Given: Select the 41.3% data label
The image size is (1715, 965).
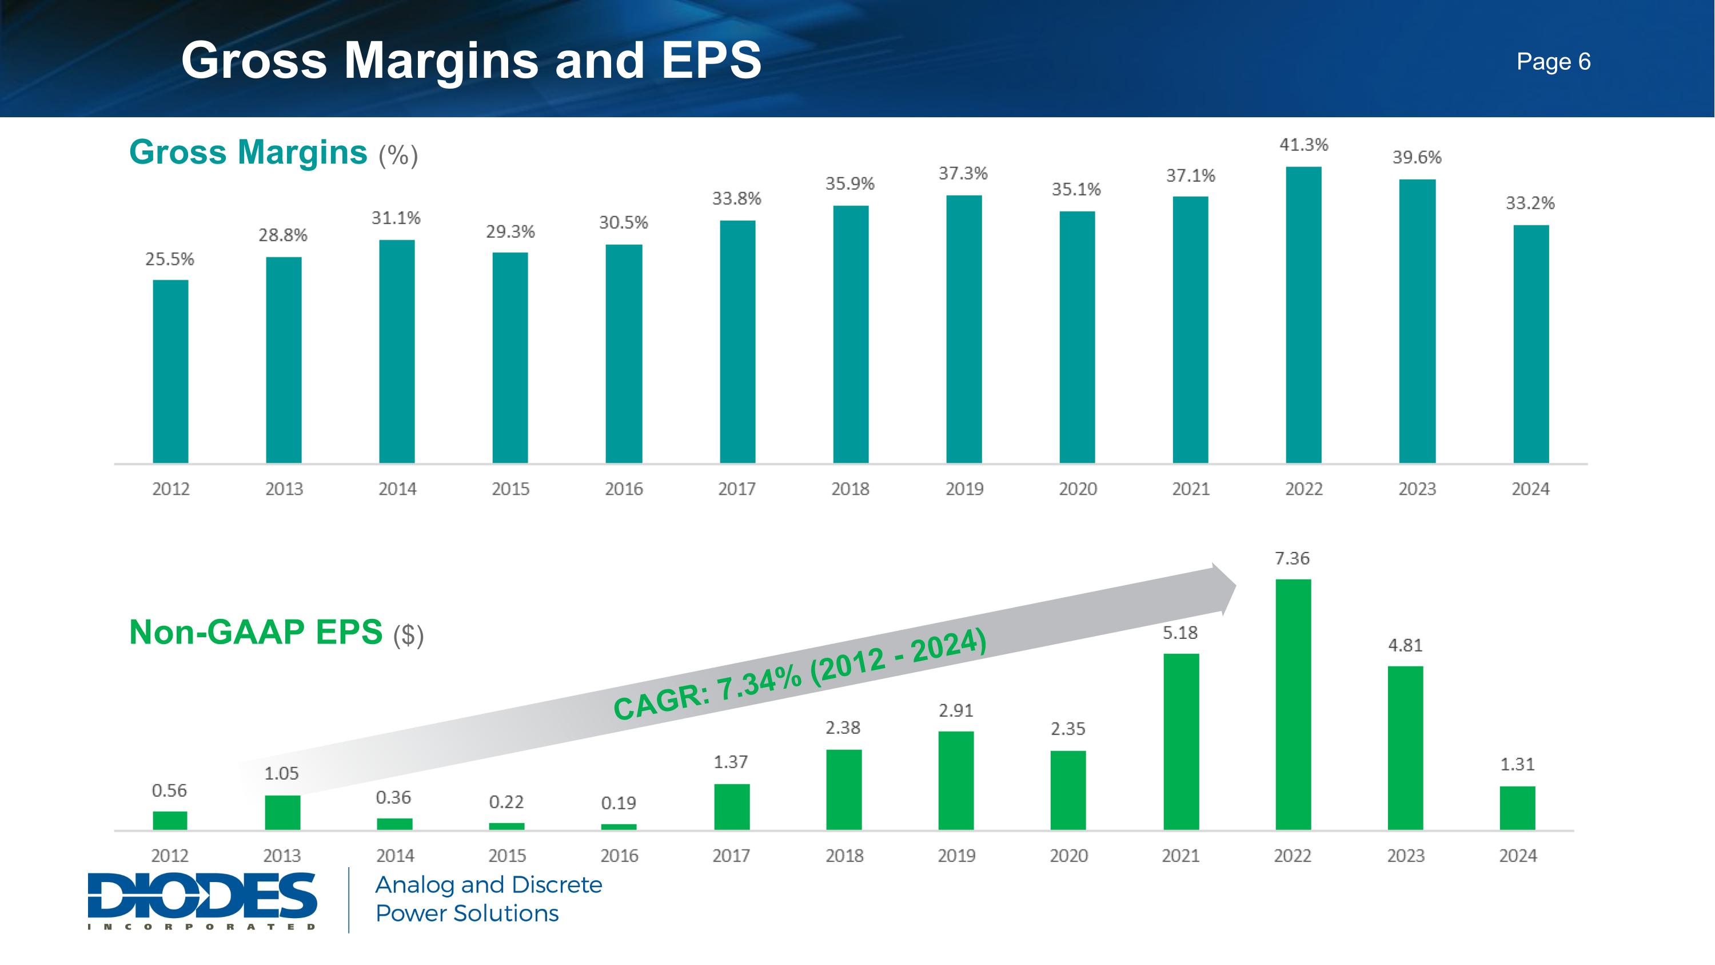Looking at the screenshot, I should point(1303,145).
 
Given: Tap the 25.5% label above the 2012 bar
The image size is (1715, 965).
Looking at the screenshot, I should point(170,259).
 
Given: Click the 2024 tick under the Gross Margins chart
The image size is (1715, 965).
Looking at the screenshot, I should point(1530,489).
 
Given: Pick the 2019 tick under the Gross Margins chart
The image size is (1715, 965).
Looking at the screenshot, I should point(964,489).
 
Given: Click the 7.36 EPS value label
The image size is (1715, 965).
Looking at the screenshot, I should point(1291,558).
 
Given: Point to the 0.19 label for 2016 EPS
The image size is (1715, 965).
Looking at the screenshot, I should point(619,803).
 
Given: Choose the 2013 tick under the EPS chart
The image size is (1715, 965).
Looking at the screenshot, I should point(282,856).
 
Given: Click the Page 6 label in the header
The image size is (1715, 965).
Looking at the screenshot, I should point(1553,61).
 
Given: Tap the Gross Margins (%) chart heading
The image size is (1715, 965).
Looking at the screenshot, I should point(273,153).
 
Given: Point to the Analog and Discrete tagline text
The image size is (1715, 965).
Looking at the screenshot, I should point(489,885).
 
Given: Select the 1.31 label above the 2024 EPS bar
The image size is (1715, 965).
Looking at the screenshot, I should point(1517,765).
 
